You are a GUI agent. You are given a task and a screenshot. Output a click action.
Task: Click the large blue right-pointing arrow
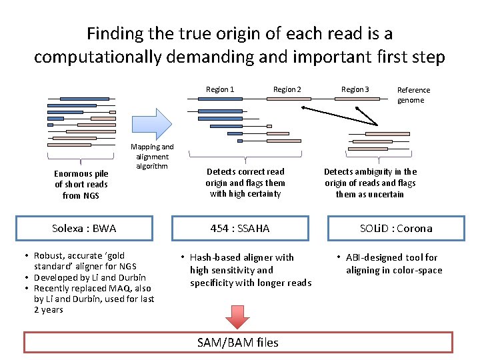pos(152,123)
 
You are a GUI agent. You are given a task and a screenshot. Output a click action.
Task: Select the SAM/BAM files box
pos(238,342)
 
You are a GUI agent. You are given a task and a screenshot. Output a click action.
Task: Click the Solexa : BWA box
pos(84,228)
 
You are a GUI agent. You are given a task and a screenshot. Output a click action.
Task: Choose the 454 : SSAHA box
pos(240,228)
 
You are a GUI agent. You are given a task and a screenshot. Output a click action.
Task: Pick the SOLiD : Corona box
pos(396,228)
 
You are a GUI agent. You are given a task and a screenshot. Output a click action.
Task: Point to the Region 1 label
pos(220,89)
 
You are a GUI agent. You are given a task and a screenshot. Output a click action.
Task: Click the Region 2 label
pos(287,89)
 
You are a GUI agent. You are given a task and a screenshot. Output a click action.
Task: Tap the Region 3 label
pos(355,89)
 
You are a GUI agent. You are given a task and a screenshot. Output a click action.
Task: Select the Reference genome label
pos(413,95)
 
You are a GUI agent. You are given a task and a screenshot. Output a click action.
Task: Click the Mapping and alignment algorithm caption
pos(152,156)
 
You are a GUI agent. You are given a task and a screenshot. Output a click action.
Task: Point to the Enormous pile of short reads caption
pos(81,185)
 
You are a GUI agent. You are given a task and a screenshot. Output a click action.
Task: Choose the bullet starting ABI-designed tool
pos(390,263)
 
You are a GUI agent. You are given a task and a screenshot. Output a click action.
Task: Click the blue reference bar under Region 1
pos(220,99)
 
